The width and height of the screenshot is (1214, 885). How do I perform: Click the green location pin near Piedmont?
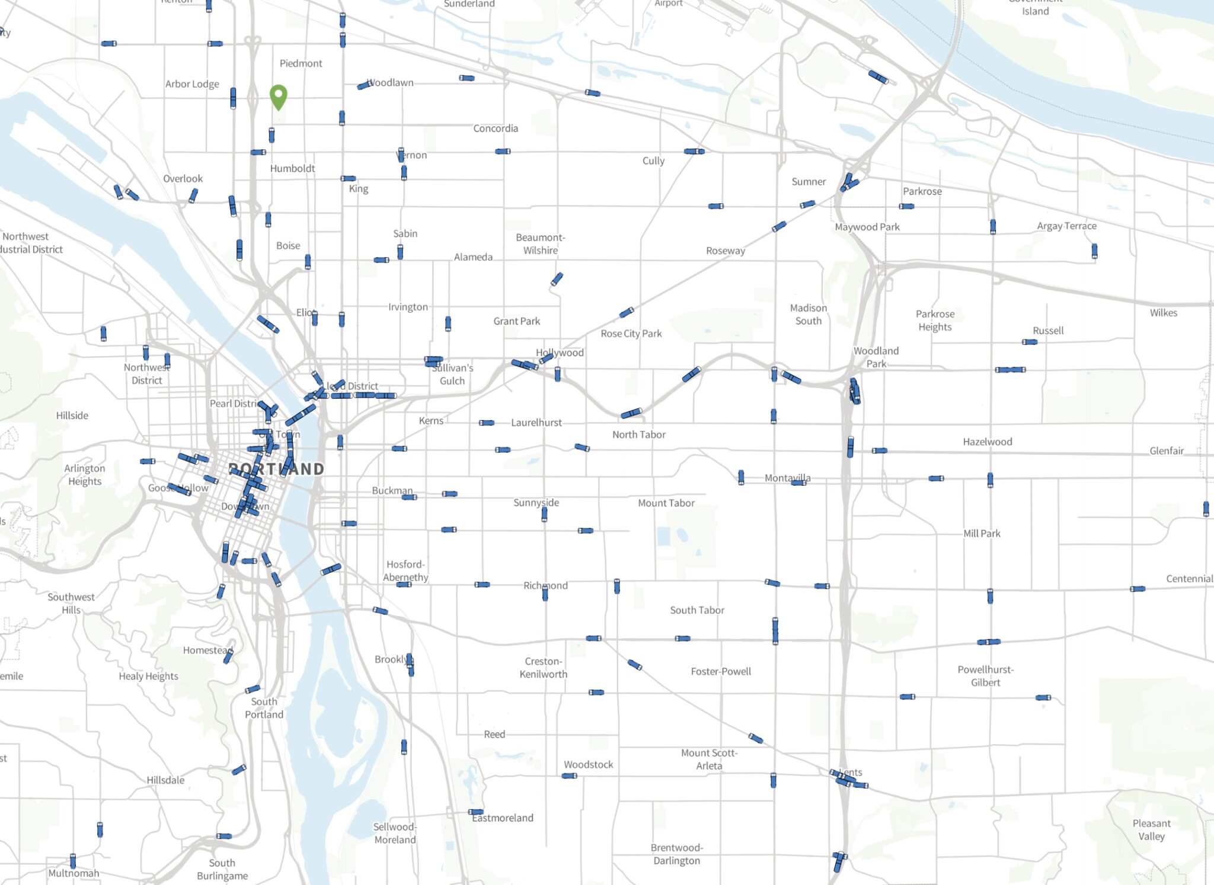(278, 96)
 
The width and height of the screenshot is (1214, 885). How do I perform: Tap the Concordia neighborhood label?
(496, 128)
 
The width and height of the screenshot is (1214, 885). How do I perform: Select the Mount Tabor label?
(666, 503)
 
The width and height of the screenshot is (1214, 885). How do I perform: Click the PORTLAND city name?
(277, 469)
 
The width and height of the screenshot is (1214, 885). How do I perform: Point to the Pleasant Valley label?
(1151, 829)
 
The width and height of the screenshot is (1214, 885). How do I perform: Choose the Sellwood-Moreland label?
(395, 833)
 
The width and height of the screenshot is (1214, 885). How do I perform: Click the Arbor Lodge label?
(192, 84)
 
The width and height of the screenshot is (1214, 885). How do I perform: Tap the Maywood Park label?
(867, 227)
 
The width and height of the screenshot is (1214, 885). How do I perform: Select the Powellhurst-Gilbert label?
(985, 676)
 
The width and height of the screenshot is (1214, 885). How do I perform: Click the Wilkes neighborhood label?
(1163, 313)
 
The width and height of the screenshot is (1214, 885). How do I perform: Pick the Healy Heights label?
(148, 676)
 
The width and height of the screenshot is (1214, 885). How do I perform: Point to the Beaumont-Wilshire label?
(540, 244)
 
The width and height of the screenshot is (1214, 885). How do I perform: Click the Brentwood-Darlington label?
(676, 854)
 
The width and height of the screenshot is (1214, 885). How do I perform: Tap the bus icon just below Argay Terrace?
(1094, 251)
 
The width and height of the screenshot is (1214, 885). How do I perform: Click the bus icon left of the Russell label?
(1030, 342)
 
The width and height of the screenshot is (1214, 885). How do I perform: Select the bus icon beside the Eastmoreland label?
(475, 812)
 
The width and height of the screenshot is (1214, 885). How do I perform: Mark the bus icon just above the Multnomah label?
(73, 860)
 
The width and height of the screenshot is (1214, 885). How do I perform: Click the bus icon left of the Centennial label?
(1137, 589)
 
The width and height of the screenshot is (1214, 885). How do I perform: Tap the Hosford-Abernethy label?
(405, 570)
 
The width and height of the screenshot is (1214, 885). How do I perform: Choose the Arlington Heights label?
(85, 474)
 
